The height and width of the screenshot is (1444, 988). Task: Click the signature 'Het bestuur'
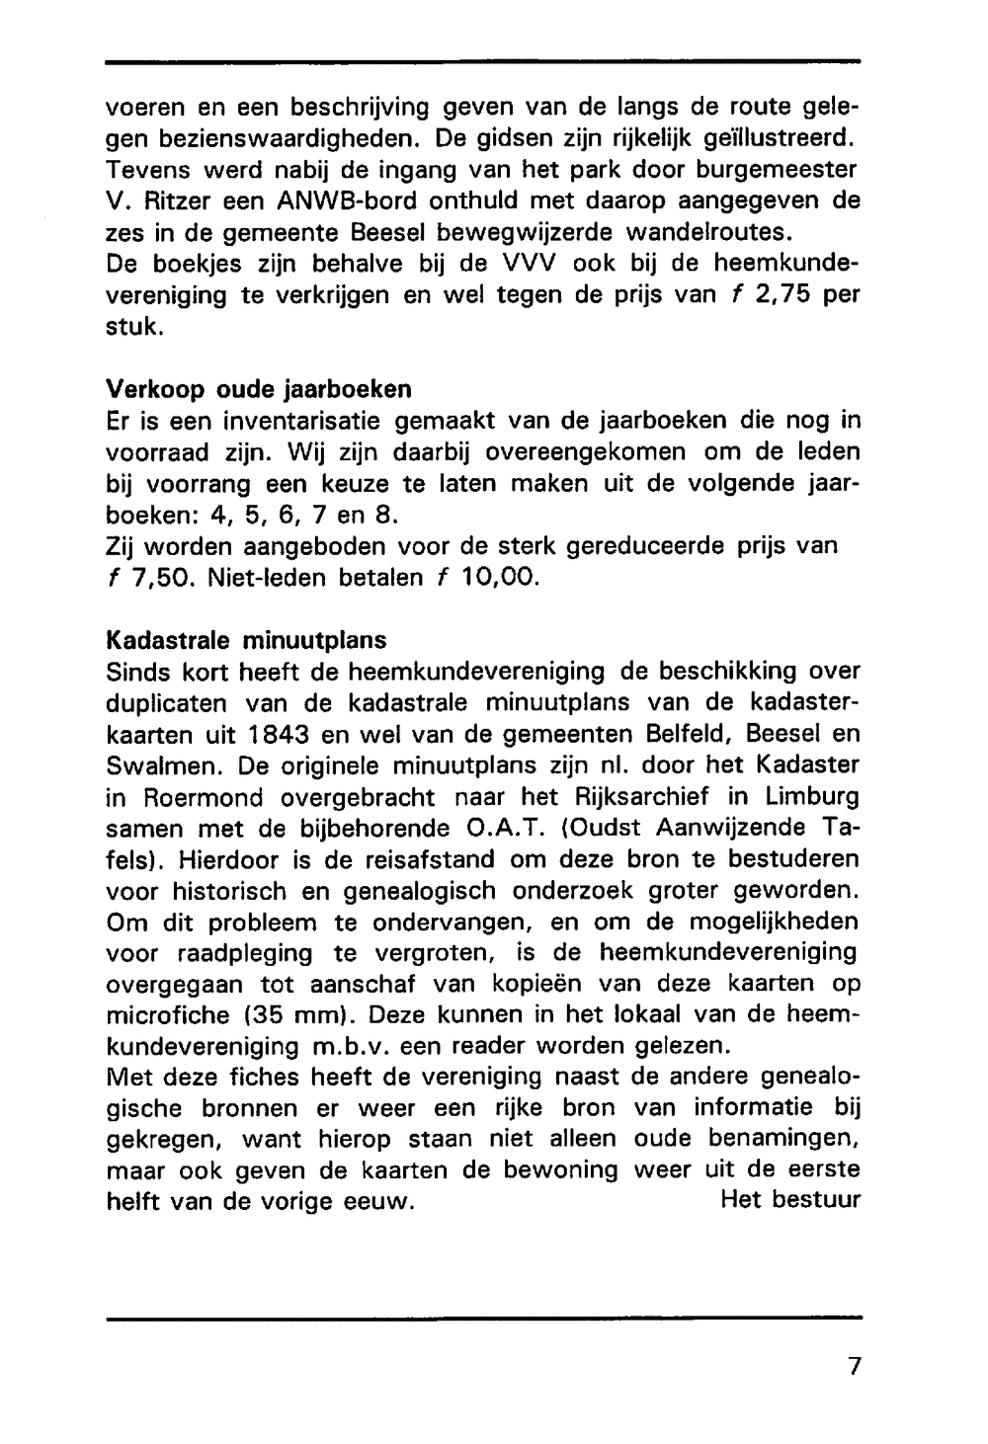[790, 1201]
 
